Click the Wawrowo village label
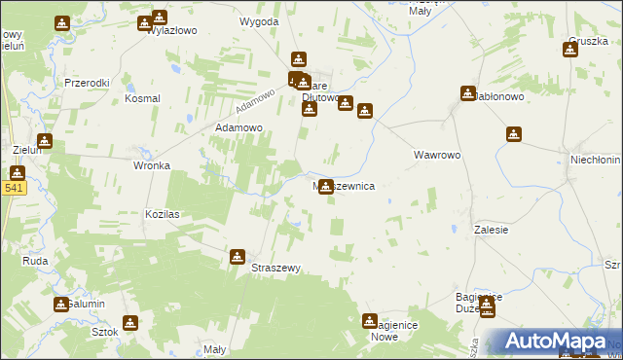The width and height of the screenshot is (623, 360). (x=436, y=156)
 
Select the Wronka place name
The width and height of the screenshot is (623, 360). (x=151, y=165)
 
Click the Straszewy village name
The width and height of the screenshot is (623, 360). (x=276, y=268)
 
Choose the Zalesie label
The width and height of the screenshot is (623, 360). (x=492, y=230)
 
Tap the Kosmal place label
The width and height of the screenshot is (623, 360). (x=142, y=99)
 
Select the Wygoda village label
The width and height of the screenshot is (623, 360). (x=259, y=20)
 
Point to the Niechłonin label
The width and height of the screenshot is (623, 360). (x=595, y=159)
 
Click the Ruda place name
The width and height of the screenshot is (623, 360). (x=36, y=261)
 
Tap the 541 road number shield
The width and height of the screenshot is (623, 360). (x=12, y=189)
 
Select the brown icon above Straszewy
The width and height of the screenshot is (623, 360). (x=237, y=257)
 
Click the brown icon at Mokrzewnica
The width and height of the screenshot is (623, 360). (x=325, y=186)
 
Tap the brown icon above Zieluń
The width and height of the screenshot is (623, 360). (x=44, y=141)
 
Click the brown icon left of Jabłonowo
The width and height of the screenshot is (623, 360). (x=467, y=93)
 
